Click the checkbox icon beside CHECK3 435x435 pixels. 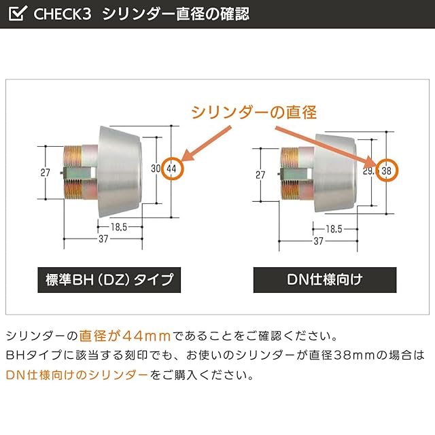[18, 13]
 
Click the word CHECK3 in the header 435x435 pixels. [61, 14]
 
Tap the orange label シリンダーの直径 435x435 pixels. [253, 111]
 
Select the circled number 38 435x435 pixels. [386, 171]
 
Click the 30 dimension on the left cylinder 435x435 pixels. [155, 168]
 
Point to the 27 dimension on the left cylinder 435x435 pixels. [46, 173]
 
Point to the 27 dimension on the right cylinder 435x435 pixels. [260, 175]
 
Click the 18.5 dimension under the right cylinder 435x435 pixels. [333, 228]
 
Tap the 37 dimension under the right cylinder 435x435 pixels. [318, 241]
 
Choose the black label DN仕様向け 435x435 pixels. [325, 279]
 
